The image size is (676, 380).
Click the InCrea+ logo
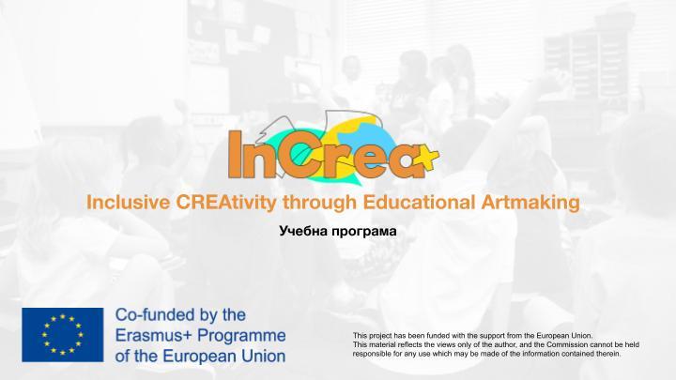(x=333, y=148)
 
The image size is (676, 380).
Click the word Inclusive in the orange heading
(x=129, y=202)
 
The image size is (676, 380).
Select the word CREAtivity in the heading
(x=226, y=203)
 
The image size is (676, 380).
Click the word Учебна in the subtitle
(x=304, y=231)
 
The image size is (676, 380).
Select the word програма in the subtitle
(x=364, y=233)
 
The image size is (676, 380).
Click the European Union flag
(x=63, y=335)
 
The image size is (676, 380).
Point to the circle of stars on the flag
(x=63, y=335)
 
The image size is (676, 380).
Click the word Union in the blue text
(x=264, y=357)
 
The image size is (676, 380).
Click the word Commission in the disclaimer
(x=567, y=344)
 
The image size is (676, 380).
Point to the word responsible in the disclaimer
(x=371, y=354)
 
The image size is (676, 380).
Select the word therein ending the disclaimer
(x=609, y=354)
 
